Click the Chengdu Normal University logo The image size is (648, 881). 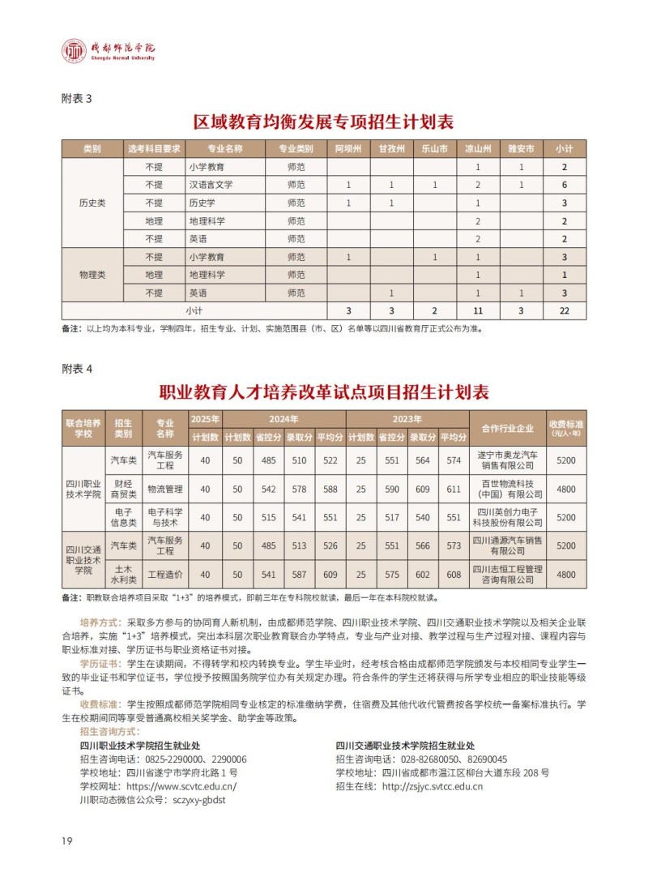tap(109, 51)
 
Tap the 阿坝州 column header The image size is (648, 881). tap(348, 149)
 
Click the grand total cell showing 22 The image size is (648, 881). tap(565, 310)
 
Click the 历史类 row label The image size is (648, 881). tap(92, 203)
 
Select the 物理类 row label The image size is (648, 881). tap(92, 275)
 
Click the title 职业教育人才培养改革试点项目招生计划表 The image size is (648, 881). tap(324, 392)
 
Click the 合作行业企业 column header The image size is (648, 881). tap(507, 429)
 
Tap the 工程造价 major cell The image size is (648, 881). tap(165, 575)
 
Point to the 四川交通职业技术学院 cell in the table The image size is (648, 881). tap(83, 560)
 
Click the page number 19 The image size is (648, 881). tap(67, 840)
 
